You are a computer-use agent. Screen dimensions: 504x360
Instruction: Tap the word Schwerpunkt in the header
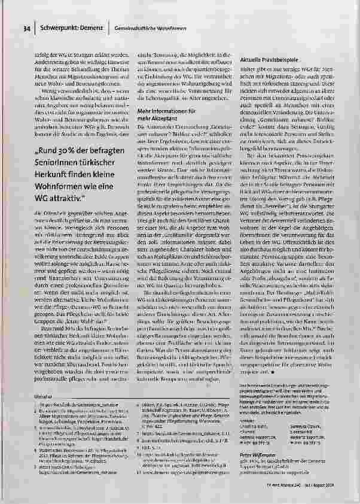pyautogui.click(x=57, y=28)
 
